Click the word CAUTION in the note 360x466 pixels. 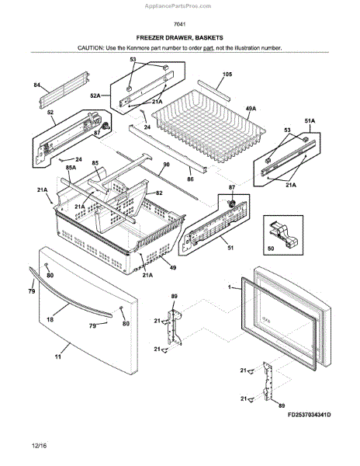[x=92, y=48]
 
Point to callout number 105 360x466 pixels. [x=227, y=74]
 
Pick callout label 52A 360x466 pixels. [x=95, y=96]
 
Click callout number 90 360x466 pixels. [x=165, y=165]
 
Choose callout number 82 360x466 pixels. [x=159, y=193]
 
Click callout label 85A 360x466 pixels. [x=71, y=167]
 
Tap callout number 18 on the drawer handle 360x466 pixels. [x=50, y=318]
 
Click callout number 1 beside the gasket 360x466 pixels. [x=230, y=288]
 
